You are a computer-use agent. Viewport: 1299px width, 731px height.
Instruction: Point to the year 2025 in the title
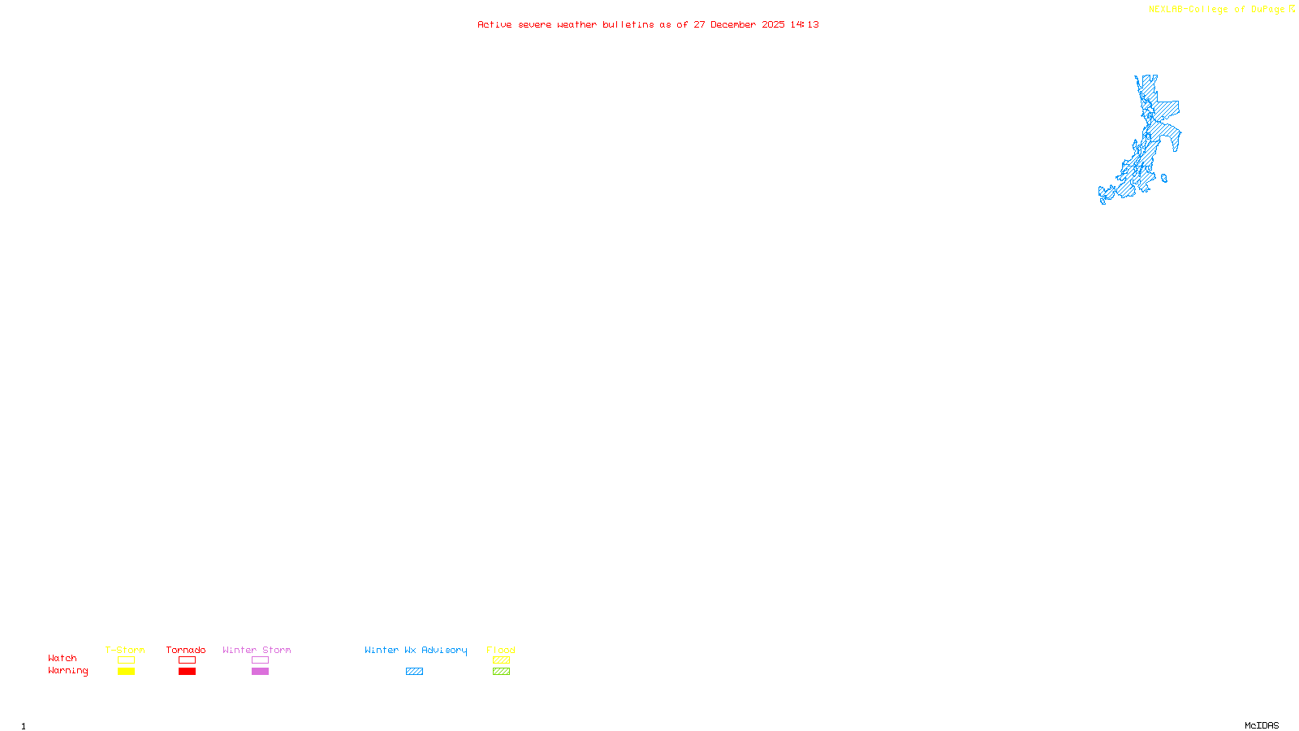(773, 24)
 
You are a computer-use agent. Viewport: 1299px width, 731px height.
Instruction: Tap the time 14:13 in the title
(805, 24)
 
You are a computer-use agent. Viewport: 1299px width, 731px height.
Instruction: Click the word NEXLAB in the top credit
(1165, 10)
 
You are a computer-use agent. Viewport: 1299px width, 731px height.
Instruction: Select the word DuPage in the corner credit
(1267, 10)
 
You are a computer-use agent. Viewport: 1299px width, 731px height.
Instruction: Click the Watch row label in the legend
(63, 658)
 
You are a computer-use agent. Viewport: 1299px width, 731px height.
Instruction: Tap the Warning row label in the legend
(67, 671)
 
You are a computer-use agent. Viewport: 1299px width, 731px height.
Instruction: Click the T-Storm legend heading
(125, 650)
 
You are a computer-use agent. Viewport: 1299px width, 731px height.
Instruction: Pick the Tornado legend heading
(186, 650)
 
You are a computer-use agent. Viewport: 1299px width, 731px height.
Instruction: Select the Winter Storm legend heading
(257, 650)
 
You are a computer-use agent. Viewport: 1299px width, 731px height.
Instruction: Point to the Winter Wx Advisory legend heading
(416, 650)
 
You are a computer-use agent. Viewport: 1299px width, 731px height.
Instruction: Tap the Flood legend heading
(501, 650)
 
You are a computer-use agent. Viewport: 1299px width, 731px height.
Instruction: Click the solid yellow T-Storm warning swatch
(126, 672)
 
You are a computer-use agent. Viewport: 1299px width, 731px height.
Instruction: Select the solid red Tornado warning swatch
(187, 672)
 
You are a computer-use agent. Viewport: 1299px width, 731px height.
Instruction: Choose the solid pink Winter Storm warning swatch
(260, 672)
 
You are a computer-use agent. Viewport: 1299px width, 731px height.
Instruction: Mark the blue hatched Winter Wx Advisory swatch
(414, 672)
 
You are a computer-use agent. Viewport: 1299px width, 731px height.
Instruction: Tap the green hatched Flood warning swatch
(501, 672)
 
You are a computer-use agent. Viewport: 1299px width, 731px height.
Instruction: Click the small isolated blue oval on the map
(1164, 179)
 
